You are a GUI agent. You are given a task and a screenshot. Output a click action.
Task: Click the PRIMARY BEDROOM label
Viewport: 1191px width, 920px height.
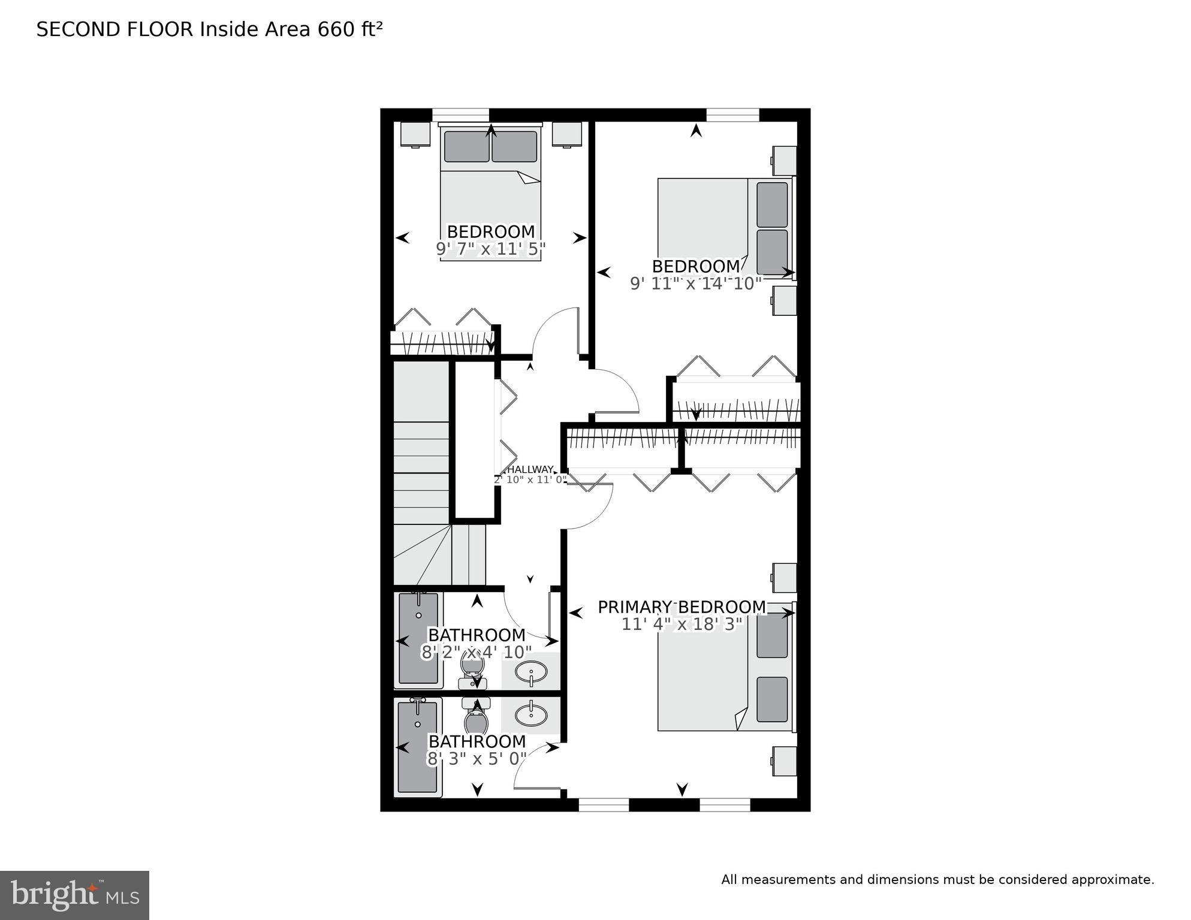coord(682,607)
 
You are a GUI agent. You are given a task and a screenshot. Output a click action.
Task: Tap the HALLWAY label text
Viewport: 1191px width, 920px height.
coord(530,469)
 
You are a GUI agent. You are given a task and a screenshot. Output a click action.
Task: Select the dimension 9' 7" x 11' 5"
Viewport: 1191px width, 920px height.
coord(491,249)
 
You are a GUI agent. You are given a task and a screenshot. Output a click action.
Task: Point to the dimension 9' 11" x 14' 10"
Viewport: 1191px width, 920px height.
coord(695,283)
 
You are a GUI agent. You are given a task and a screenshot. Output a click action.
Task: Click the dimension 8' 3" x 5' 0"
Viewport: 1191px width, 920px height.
coord(477,759)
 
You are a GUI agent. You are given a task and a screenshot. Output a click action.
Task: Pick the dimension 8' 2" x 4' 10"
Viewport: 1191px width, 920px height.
coord(477,652)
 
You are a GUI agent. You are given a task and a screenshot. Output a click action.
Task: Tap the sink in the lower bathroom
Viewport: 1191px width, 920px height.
coord(531,714)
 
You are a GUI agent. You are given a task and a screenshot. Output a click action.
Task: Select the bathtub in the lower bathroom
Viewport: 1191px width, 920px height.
coord(418,747)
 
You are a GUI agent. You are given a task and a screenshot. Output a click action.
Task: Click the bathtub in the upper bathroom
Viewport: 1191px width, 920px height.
coord(418,640)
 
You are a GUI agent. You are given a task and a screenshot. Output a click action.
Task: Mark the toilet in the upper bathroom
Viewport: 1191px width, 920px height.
coord(473,670)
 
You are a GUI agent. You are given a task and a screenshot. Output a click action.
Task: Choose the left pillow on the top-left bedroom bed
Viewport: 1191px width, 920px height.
coord(466,146)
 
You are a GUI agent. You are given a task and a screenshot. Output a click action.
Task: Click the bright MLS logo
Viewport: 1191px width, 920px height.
coord(74,895)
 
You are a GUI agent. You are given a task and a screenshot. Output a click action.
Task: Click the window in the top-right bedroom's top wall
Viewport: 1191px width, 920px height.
coord(732,114)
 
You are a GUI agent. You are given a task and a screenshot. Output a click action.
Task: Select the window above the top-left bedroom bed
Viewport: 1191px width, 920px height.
coord(460,114)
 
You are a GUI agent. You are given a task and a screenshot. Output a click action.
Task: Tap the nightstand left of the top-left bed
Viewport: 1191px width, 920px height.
coord(415,134)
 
